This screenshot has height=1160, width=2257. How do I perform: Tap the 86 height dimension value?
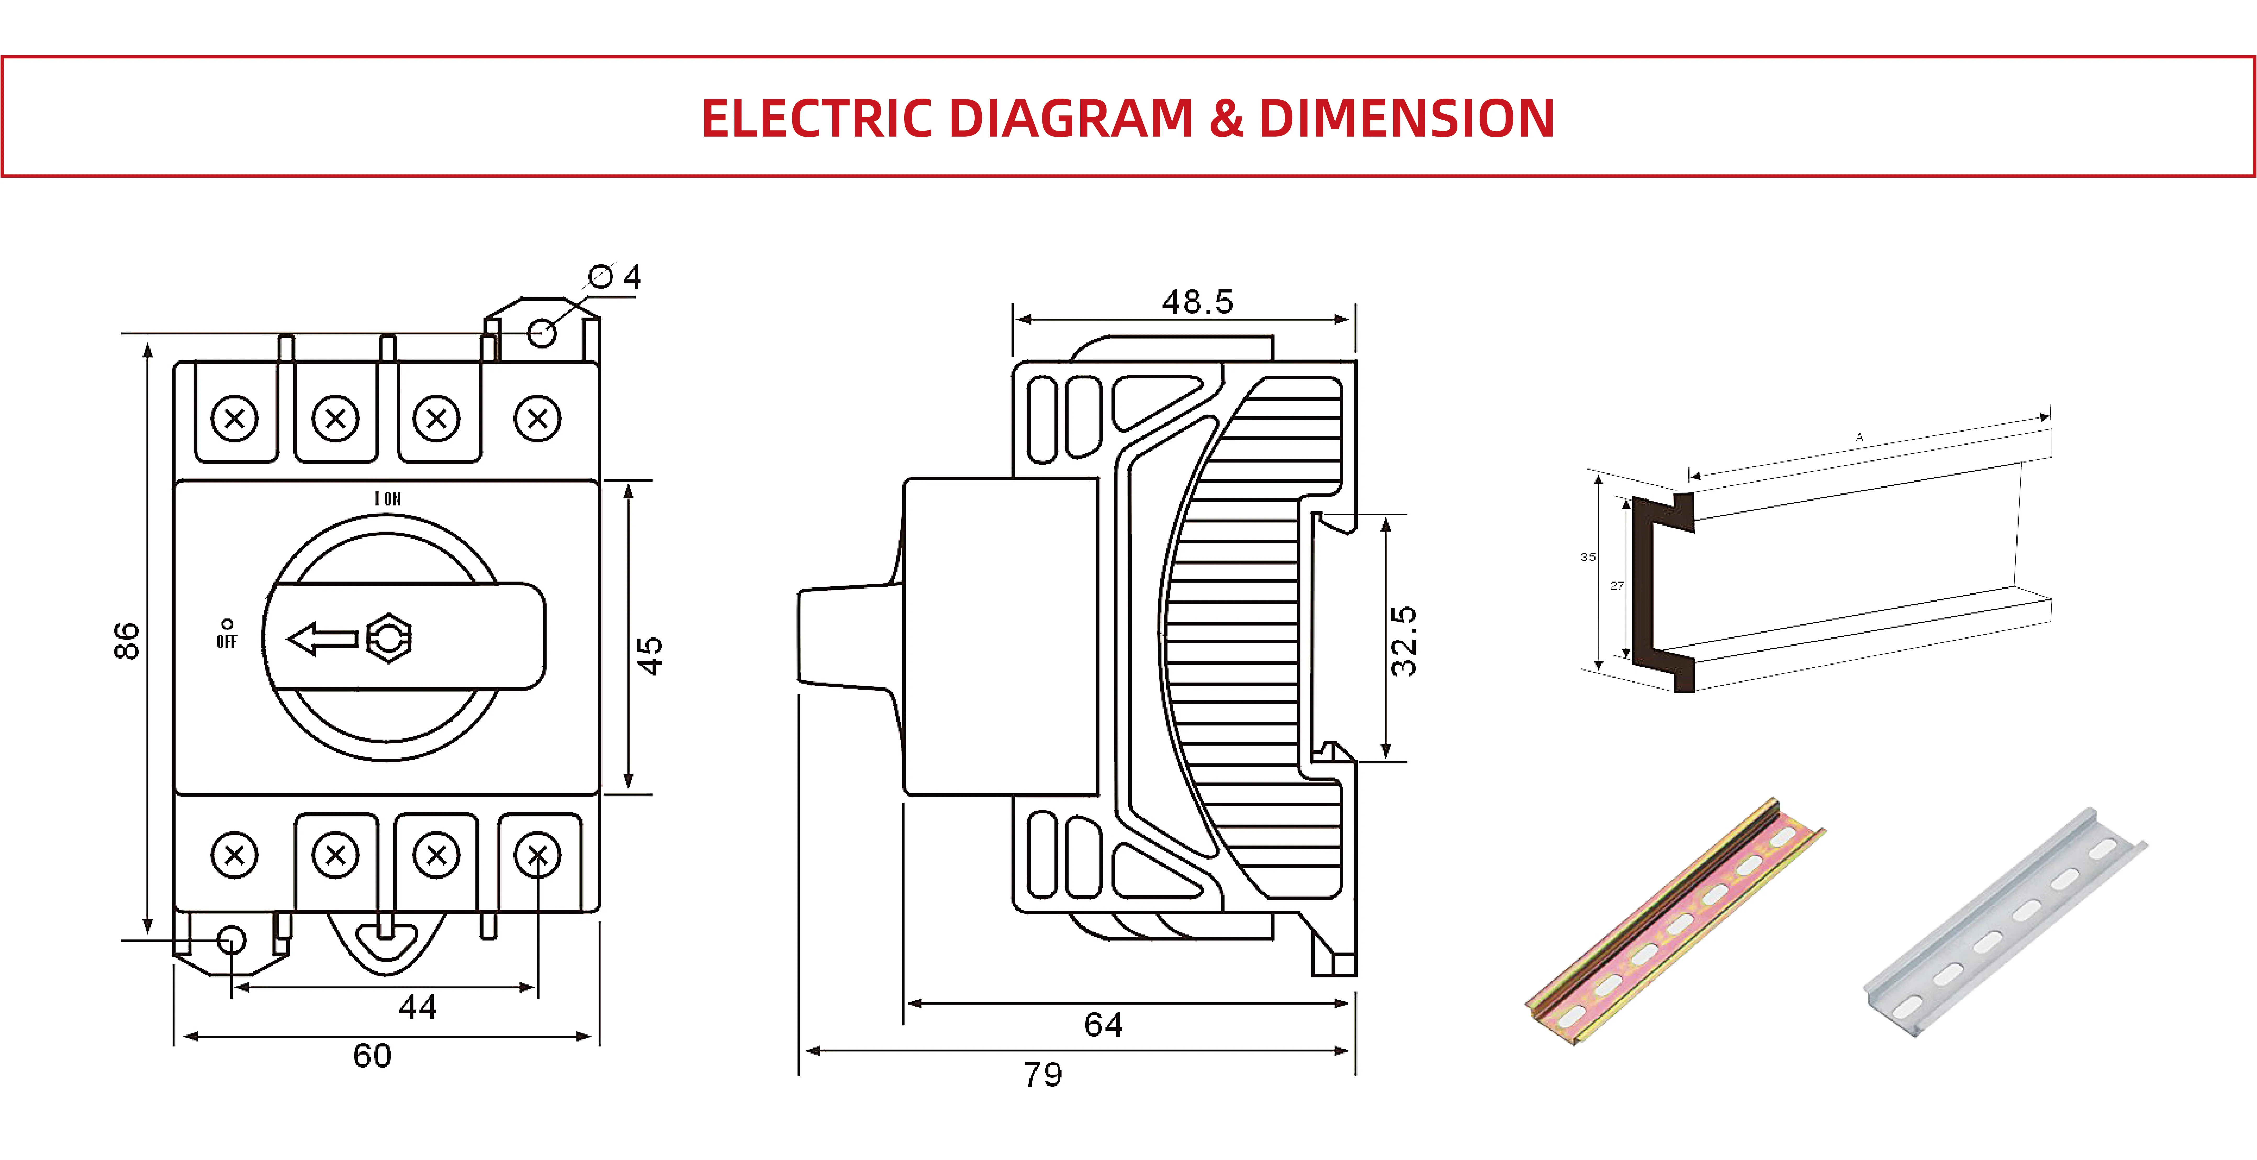tap(127, 640)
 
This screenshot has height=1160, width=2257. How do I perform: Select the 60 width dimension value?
tap(372, 1056)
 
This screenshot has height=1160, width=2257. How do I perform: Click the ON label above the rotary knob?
tap(388, 499)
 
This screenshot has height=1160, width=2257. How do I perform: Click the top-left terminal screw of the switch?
tap(235, 419)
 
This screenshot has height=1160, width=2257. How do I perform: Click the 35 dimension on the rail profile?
tap(1588, 556)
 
